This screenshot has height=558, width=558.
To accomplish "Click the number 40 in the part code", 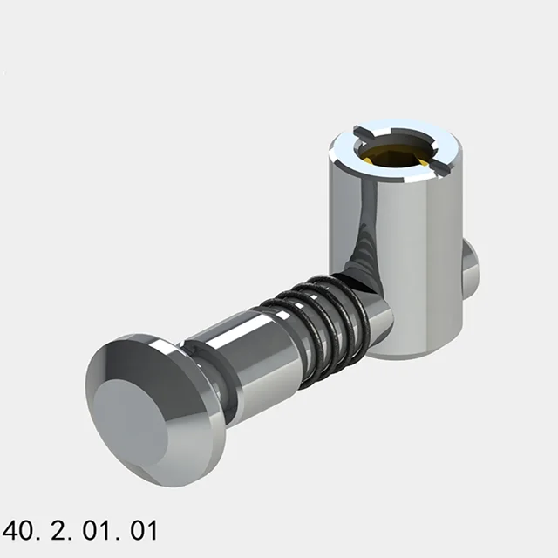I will point(20,529).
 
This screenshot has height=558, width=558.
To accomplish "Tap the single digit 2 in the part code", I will point(58,529).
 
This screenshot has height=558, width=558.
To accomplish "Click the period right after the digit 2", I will point(71,537).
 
